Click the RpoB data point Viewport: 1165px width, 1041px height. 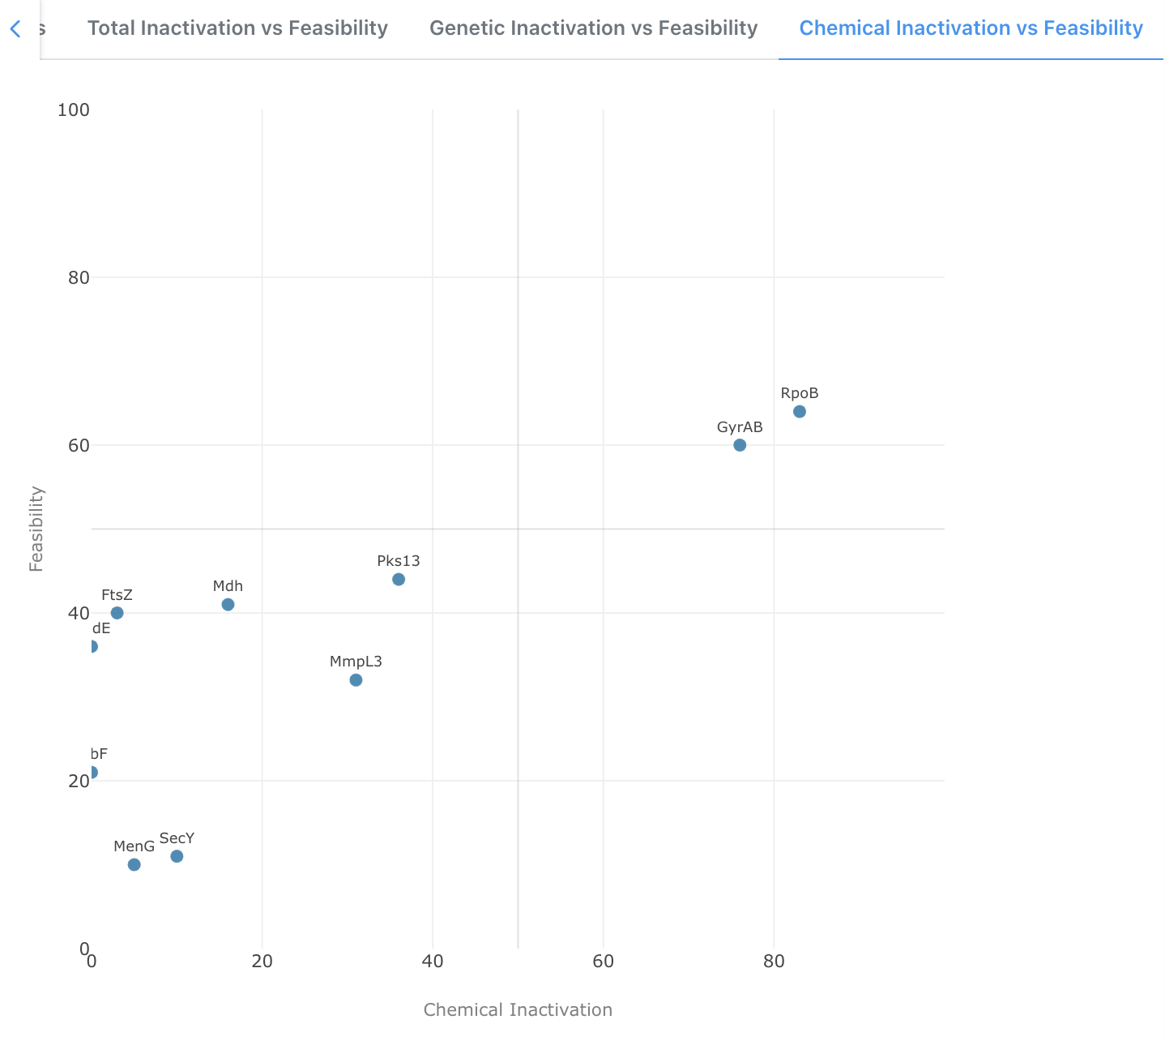point(800,412)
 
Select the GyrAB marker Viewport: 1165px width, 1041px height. point(740,445)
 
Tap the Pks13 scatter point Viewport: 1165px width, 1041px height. point(399,579)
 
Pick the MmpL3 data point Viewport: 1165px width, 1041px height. point(356,679)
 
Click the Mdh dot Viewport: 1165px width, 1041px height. point(228,604)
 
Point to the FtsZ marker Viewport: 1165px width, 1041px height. point(117,613)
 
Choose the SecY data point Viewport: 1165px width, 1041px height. point(177,856)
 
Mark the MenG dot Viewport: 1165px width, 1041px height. point(134,864)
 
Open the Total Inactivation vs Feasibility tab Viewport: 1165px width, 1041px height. point(237,28)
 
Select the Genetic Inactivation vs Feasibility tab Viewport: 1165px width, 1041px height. point(593,28)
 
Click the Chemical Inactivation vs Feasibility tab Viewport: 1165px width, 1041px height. point(971,28)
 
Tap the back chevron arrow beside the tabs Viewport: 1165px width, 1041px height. point(15,29)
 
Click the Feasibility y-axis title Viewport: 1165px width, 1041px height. point(36,529)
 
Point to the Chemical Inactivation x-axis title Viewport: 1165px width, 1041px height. point(518,1009)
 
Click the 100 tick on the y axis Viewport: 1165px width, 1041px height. point(73,109)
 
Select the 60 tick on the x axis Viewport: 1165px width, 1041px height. point(603,962)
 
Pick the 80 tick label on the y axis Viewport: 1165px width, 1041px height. point(78,277)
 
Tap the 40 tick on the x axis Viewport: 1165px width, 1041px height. point(433,962)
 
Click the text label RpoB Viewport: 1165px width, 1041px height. point(800,393)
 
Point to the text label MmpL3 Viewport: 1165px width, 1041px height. point(356,662)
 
